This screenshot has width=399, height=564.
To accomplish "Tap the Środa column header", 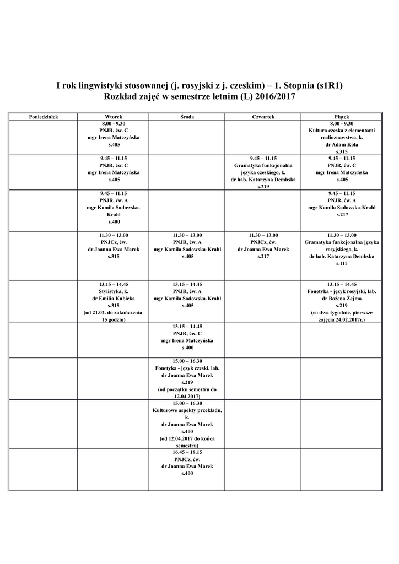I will (187, 117).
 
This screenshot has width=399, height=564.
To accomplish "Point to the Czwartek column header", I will (263, 117).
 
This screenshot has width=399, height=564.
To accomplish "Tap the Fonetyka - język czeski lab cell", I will (187, 378).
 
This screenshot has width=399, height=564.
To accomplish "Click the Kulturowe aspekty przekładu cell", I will (187, 424).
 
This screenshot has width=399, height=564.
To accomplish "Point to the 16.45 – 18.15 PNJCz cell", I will (187, 462).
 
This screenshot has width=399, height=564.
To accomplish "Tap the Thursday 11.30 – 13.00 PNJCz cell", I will (263, 246).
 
